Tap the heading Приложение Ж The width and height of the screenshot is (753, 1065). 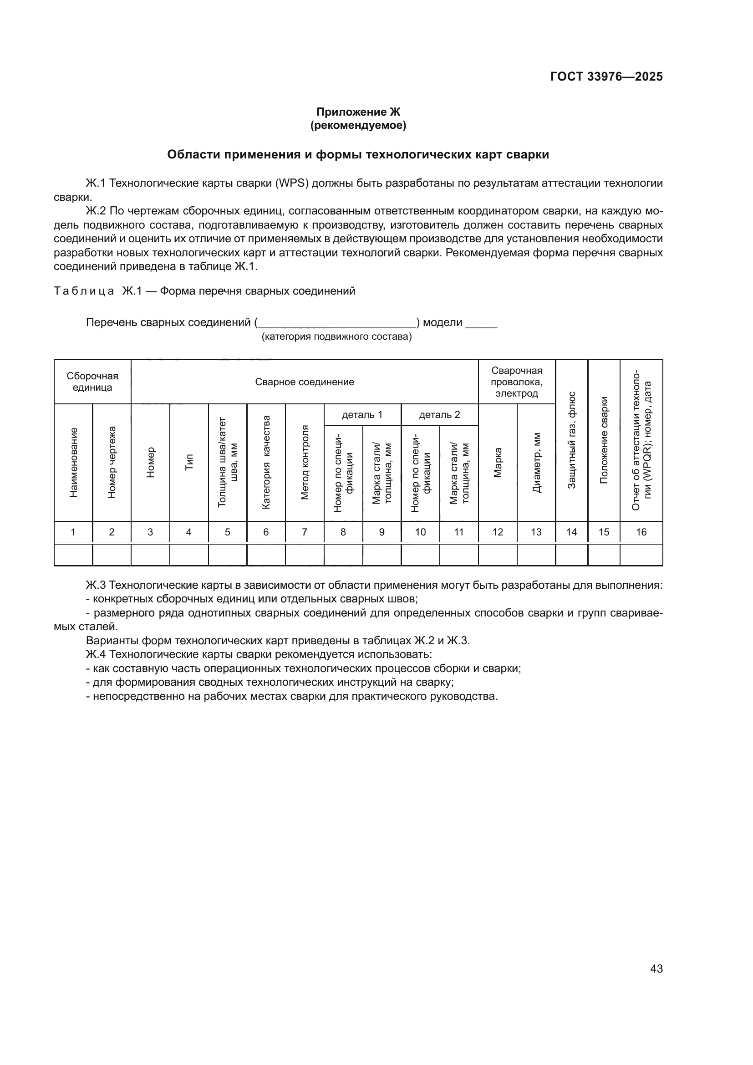click(x=358, y=112)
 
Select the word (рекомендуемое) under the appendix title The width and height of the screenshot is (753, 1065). click(x=358, y=125)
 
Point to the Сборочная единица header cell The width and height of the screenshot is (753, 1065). click(x=92, y=382)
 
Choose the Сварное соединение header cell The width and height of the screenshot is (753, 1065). click(x=305, y=382)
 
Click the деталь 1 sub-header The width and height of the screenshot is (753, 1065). click(x=362, y=415)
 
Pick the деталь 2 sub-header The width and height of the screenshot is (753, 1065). click(x=440, y=415)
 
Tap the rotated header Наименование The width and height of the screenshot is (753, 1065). click(x=73, y=463)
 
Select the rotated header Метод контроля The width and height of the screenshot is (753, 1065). click(x=305, y=463)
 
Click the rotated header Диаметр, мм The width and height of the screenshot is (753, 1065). click(x=536, y=463)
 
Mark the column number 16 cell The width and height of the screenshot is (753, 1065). click(x=641, y=532)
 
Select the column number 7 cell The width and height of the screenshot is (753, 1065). click(x=305, y=532)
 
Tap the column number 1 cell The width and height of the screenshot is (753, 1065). click(x=73, y=532)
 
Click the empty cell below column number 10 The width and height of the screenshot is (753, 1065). click(x=420, y=555)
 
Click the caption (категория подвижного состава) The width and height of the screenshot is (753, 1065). click(x=336, y=336)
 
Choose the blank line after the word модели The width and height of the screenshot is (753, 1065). click(x=481, y=324)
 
